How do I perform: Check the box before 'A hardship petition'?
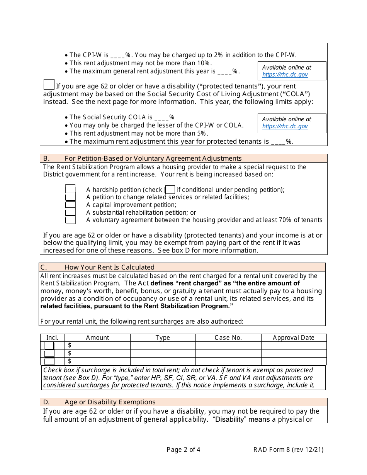tap(70, 189)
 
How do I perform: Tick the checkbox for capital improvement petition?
tap(70, 205)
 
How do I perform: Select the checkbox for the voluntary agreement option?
tap(70, 220)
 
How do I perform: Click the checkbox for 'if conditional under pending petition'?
tap(170, 190)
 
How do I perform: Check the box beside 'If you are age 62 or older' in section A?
tap(49, 85)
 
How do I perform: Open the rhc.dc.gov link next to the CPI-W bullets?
tap(285, 75)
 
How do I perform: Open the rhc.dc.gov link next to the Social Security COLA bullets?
tap(285, 126)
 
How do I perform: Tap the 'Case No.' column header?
tap(228, 338)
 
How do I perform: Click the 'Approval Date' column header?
tap(294, 338)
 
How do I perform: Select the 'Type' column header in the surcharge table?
tap(163, 338)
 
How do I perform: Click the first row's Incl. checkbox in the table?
tap(49, 346)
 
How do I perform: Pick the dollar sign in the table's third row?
tap(70, 361)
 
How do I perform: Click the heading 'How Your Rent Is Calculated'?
tap(109, 267)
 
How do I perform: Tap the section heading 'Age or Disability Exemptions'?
tap(110, 402)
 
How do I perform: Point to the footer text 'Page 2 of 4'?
tap(183, 450)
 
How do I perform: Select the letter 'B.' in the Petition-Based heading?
tap(46, 158)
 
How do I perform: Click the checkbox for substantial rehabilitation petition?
tap(70, 212)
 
